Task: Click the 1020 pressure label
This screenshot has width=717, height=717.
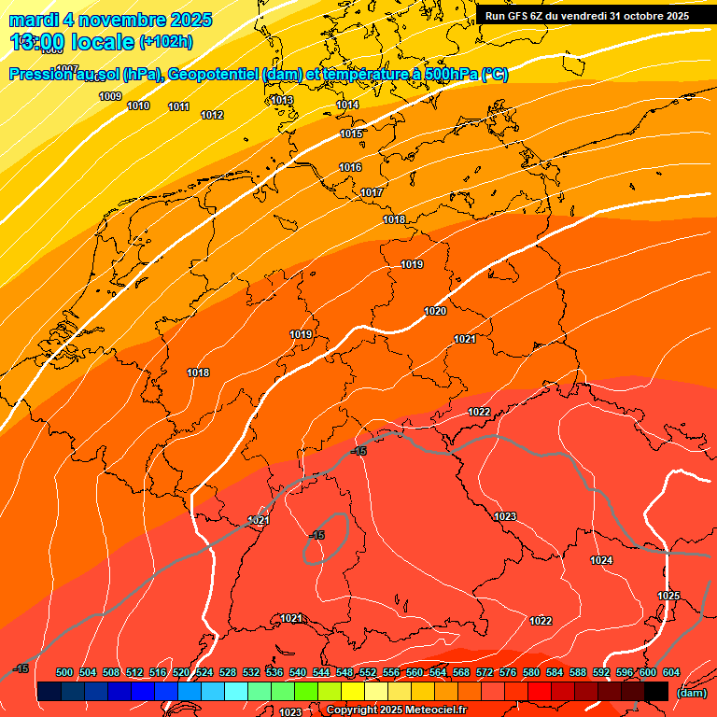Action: point(435,311)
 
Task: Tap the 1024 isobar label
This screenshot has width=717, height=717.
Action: point(601,560)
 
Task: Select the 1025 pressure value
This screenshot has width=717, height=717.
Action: point(668,596)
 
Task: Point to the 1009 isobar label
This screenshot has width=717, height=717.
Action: point(110,96)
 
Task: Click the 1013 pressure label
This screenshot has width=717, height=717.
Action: point(282,100)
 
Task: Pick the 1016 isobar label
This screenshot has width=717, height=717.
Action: point(350,167)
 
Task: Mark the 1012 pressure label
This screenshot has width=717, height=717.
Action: point(212,115)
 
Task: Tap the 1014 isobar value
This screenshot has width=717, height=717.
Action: point(347,105)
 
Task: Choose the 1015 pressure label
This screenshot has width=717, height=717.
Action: point(351,134)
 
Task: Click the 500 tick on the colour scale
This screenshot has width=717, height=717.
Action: point(64,672)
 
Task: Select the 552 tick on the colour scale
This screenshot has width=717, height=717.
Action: point(368,672)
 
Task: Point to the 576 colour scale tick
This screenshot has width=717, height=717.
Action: point(508,672)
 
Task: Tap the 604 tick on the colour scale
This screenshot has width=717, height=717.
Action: point(671,672)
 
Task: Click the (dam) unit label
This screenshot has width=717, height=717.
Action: point(691,693)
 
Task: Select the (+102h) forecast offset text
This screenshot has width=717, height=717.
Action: point(165,42)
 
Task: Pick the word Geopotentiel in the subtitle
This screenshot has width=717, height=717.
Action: point(213,75)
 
